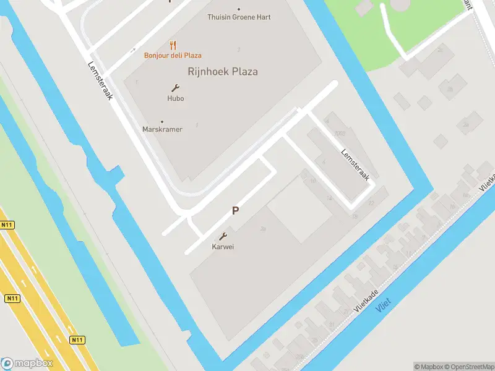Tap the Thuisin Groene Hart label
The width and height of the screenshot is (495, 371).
point(239,17)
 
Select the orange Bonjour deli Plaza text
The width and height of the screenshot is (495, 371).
point(173,55)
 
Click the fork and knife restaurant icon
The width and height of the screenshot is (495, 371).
point(173,45)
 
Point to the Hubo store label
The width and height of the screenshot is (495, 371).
point(175,98)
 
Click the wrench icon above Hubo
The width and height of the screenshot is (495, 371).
point(175,88)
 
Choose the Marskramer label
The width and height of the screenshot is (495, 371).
point(162,129)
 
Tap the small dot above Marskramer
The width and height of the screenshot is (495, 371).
point(162,121)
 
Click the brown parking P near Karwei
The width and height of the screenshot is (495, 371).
point(235,211)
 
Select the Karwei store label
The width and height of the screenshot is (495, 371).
point(223,246)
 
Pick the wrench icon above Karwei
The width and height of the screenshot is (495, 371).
point(223,236)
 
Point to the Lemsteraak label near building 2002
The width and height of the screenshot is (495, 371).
point(355,164)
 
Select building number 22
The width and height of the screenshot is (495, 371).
point(371,203)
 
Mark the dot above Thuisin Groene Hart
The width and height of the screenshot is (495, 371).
point(239,9)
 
